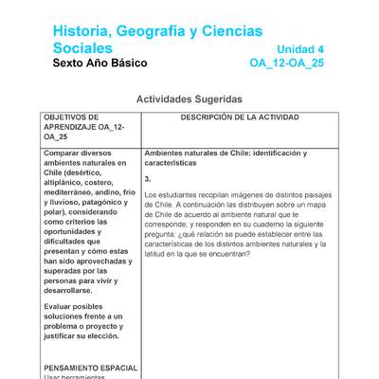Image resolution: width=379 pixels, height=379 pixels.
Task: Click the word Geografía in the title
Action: click(x=150, y=32)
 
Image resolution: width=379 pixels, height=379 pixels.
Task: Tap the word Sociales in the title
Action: click(x=82, y=48)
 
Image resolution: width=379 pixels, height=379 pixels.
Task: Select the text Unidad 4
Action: click(x=300, y=49)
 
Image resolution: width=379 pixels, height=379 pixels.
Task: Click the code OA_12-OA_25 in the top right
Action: click(x=286, y=64)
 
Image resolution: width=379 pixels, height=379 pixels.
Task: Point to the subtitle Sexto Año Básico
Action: click(x=100, y=64)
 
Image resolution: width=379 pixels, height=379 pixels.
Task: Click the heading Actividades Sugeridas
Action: click(x=189, y=99)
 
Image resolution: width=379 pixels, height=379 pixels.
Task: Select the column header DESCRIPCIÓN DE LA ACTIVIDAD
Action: click(x=239, y=117)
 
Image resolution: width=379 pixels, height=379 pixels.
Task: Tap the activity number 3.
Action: click(x=148, y=179)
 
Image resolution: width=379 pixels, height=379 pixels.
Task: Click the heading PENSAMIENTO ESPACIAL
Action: click(x=90, y=368)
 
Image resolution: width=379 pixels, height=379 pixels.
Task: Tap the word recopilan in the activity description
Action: click(x=206, y=194)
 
